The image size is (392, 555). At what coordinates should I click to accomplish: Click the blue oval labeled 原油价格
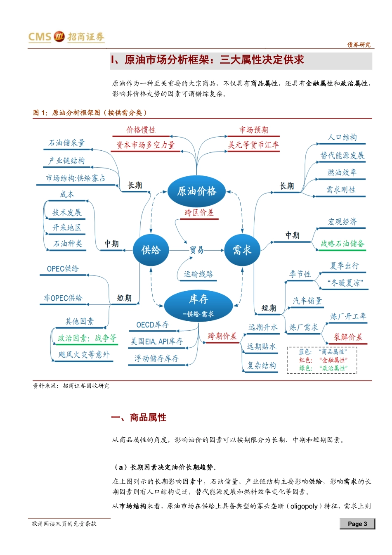(196, 191)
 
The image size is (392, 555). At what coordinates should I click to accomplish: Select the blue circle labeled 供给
(151, 250)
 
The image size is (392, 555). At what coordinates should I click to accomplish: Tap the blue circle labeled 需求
(242, 250)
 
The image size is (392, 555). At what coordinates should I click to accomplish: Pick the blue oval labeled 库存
(198, 305)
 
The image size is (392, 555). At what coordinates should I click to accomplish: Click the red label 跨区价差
(199, 213)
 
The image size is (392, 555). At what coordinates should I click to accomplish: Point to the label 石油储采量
(67, 143)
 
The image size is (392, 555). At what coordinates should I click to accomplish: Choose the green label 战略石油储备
(342, 244)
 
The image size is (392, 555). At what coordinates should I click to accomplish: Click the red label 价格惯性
(141, 130)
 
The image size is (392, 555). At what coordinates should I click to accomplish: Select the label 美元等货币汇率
(253, 145)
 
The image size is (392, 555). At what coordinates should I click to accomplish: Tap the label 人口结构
(342, 138)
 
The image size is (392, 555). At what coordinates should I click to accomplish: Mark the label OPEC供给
(63, 269)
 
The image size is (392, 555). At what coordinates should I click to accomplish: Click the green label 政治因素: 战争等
(87, 338)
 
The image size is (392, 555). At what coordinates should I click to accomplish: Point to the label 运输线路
(198, 274)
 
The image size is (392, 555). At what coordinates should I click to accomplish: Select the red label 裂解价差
(348, 337)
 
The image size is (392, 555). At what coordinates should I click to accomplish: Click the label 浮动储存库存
(156, 358)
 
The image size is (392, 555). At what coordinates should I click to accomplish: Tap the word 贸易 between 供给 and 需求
(197, 250)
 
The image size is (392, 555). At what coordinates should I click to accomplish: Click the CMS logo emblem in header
(59, 36)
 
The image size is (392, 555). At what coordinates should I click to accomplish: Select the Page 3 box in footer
(357, 524)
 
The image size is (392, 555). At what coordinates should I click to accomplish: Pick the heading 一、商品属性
(139, 417)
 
